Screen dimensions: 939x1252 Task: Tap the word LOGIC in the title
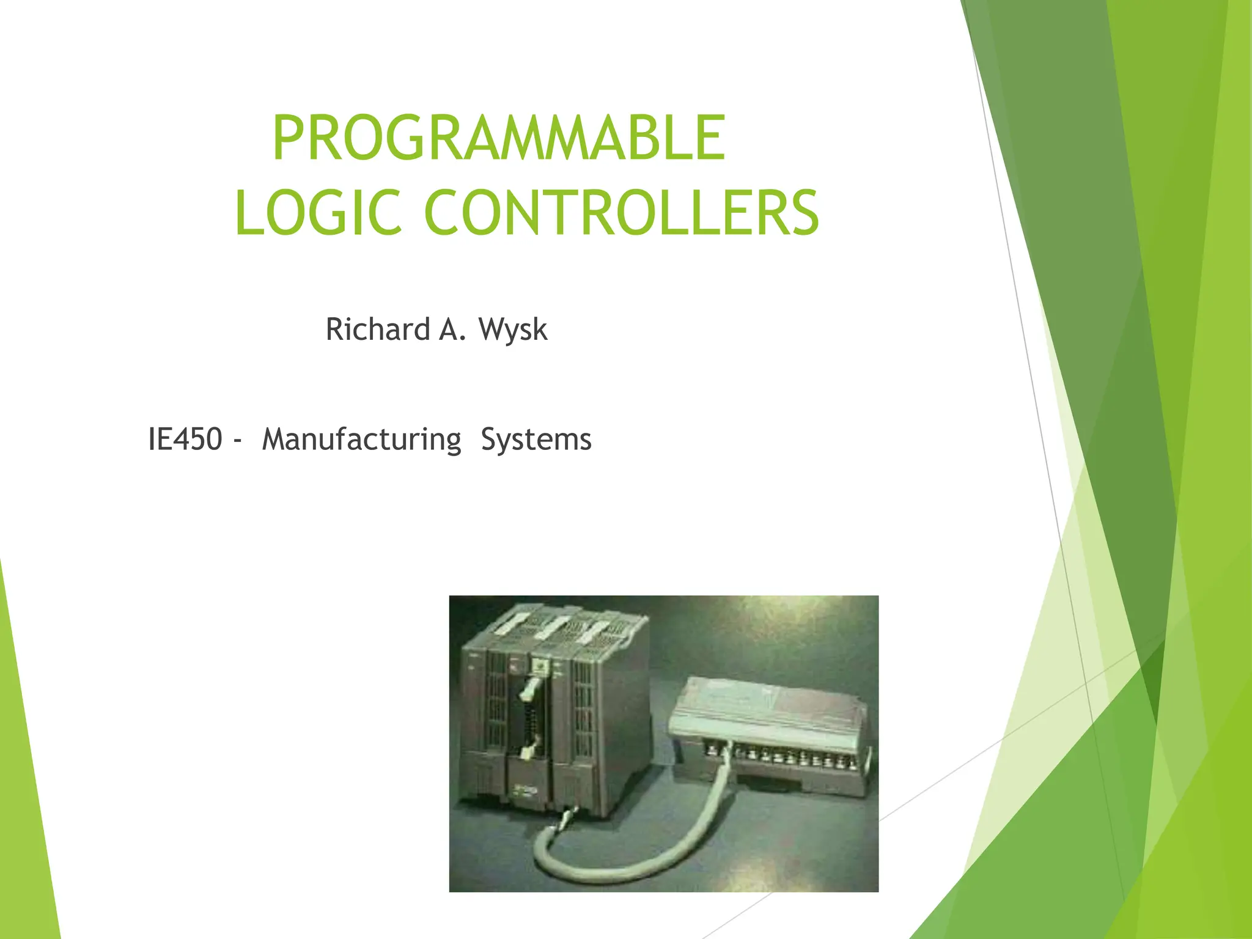click(318, 213)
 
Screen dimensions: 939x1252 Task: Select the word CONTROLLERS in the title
click(620, 213)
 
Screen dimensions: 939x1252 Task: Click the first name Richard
click(378, 330)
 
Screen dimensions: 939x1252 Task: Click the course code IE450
click(185, 440)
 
